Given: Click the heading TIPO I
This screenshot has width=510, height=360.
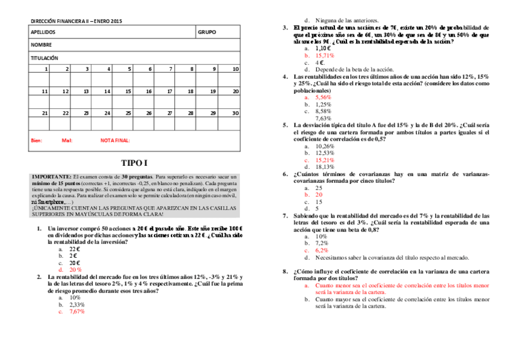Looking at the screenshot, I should [134, 162].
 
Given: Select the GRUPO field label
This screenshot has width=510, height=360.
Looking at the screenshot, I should [206, 32].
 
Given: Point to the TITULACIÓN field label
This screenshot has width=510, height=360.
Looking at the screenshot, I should [44, 58].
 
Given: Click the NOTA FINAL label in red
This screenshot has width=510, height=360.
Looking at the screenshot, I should [115, 141].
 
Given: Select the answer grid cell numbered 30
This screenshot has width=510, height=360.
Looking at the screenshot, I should [235, 113].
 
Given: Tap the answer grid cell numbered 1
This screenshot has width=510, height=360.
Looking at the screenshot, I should [46, 69].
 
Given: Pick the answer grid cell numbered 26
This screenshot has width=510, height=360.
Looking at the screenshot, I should [149, 113].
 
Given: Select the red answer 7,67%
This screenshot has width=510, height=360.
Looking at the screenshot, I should [77, 312].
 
